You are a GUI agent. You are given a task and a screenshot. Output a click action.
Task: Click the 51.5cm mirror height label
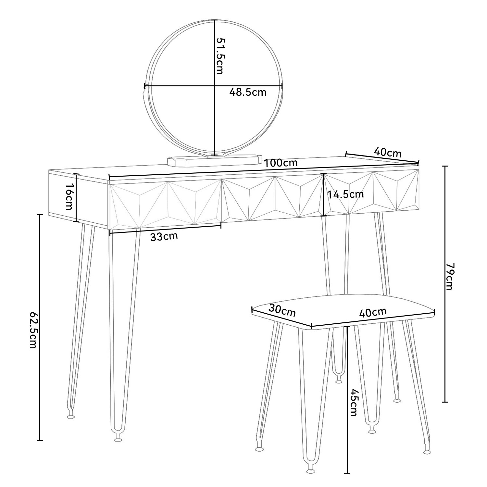coord(220,56)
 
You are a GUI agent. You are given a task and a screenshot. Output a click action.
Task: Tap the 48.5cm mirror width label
coord(248,92)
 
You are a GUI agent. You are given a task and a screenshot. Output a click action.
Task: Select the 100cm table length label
coord(281,163)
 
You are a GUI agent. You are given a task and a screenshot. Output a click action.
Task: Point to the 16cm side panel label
coord(69,196)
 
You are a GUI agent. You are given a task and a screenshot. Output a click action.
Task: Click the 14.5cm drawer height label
coord(345,194)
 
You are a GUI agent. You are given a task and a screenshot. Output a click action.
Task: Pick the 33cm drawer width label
coord(164,236)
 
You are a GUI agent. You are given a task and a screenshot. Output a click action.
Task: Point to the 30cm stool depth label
coord(282,310)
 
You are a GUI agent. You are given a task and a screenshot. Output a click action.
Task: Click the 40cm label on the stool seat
coord(373,312)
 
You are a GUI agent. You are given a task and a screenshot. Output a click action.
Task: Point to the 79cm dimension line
coord(445,284)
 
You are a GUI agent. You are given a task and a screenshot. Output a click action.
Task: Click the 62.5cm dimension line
coord(40,328)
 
